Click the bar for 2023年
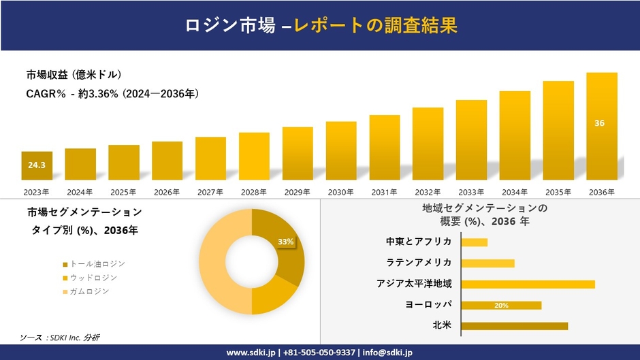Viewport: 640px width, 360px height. (x=37, y=165)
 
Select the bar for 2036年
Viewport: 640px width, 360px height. (x=602, y=126)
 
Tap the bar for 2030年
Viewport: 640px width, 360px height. (x=341, y=150)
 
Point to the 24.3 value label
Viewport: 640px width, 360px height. (x=37, y=165)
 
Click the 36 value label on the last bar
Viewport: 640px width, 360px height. (x=599, y=123)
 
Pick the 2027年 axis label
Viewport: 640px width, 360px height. (x=210, y=192)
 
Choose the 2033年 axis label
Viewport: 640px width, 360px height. (x=471, y=192)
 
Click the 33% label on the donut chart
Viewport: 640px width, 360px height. (x=285, y=242)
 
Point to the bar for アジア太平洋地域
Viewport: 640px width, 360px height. (x=528, y=284)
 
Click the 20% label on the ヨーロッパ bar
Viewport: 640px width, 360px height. (x=501, y=306)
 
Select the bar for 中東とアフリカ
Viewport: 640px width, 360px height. (x=474, y=242)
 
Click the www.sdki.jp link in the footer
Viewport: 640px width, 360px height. (x=251, y=353)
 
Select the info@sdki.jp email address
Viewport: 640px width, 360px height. (x=388, y=353)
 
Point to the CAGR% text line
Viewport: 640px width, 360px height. (x=112, y=94)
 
